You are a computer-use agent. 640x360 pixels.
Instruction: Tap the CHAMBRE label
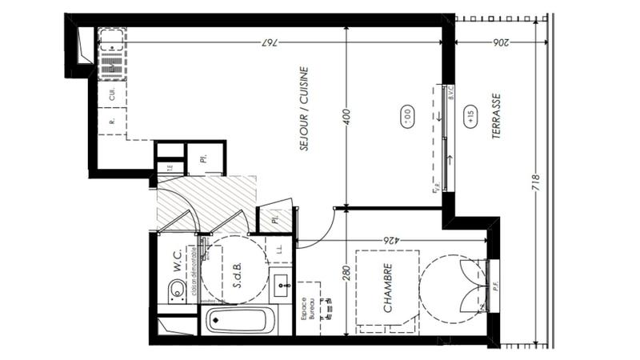pos(387,288)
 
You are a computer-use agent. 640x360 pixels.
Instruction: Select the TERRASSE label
pos(496,117)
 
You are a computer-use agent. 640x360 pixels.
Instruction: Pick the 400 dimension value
pos(346,117)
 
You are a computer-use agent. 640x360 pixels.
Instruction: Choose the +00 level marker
pos(405,117)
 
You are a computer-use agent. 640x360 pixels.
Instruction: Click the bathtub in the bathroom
pos(241,322)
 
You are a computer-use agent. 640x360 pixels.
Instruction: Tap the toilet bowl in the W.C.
pos(178,295)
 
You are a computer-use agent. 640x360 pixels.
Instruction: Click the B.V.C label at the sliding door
pos(452,96)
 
